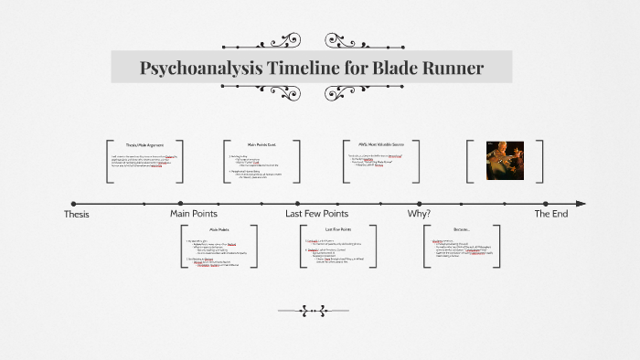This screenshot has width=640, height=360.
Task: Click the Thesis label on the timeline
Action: tap(77, 214)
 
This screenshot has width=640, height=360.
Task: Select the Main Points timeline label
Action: tap(194, 214)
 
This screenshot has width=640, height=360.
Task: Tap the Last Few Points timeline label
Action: tap(316, 214)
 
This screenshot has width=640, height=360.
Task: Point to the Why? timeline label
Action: tap(419, 214)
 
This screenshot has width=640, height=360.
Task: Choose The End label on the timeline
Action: tap(550, 214)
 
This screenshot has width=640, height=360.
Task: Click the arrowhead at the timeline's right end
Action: tap(581, 204)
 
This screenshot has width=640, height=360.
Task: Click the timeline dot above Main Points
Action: tap(181, 204)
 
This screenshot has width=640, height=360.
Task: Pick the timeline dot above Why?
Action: tap(419, 204)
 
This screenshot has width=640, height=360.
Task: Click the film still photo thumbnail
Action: tap(503, 162)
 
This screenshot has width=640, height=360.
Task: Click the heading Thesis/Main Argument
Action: tap(144, 144)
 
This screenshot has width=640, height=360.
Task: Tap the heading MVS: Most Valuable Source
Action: tap(380, 144)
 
